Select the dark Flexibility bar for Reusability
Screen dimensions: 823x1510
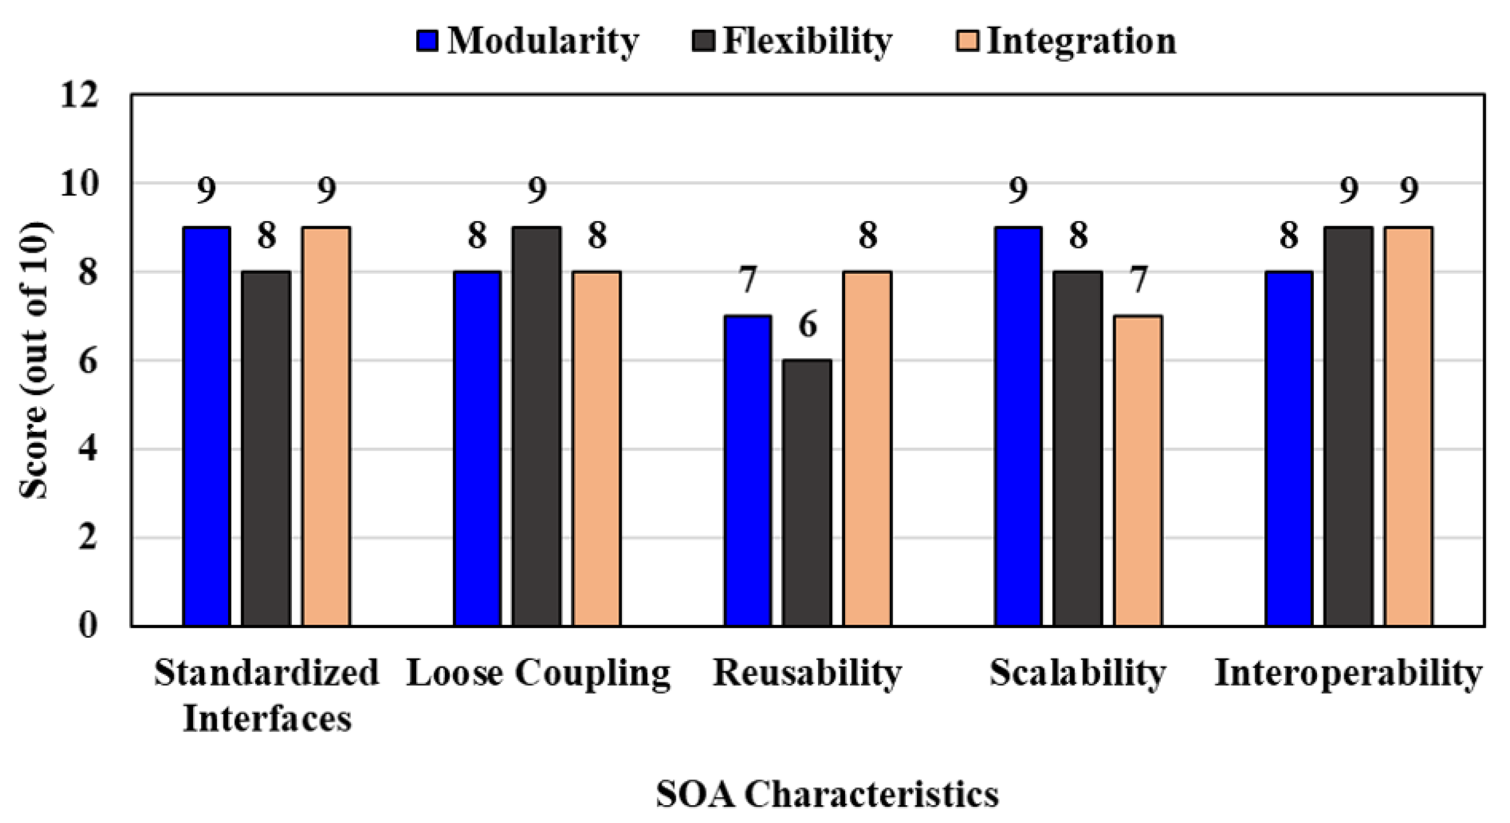pos(807,493)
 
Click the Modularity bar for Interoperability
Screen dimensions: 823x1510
pos(1288,448)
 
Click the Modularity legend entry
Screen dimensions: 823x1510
pos(527,41)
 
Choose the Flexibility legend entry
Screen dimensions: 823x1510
pos(791,41)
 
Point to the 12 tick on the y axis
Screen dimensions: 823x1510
pos(79,95)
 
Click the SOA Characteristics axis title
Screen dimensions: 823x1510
pos(827,795)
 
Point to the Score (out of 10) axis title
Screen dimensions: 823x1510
pos(34,361)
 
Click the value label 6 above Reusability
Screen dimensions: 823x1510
pos(808,325)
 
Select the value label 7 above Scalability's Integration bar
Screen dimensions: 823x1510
pos(1139,280)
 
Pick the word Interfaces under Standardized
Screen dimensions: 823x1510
pos(267,718)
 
